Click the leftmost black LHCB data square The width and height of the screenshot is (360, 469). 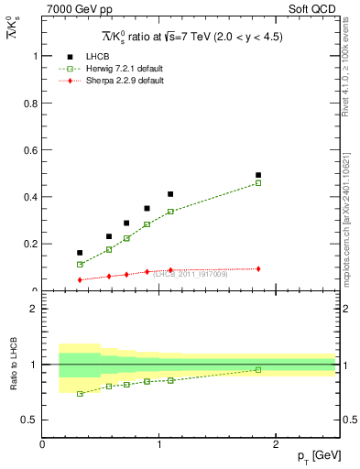[x=80, y=253]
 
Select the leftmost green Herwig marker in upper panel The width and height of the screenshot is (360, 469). [x=80, y=265]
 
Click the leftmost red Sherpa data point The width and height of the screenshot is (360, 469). [x=80, y=280]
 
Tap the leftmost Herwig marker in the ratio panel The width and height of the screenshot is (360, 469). [x=80, y=394]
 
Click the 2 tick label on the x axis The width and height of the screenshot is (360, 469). [x=277, y=443]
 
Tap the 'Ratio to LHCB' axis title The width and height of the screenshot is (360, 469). [x=13, y=364]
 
